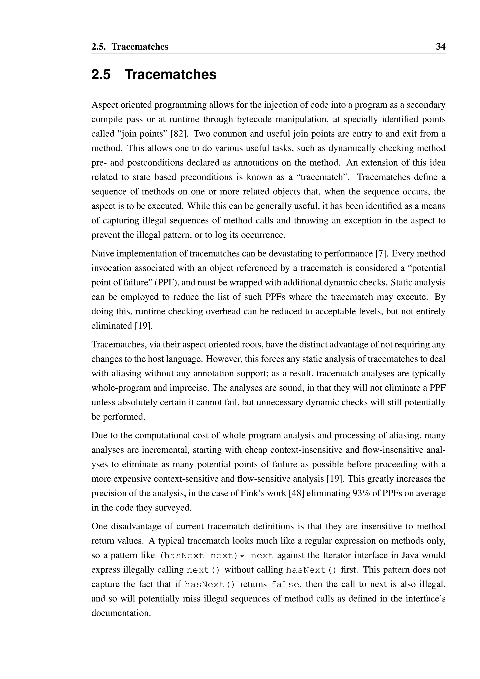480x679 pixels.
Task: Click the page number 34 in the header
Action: point(440,47)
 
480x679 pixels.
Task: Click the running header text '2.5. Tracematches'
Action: point(130,47)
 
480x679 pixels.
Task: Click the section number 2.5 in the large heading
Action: point(101,74)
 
